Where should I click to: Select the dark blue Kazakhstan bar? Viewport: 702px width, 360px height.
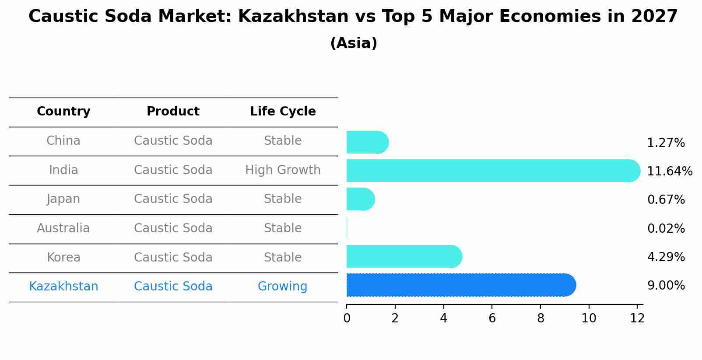460,285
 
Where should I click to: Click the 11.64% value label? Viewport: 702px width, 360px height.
669,171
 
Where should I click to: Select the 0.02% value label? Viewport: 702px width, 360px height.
666,228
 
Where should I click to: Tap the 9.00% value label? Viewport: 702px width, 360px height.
666,286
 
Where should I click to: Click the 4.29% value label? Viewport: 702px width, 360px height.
666,257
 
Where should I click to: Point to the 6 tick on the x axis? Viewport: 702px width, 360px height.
492,318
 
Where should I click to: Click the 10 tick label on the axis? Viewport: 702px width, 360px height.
589,318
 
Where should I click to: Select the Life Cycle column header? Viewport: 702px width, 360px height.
283,112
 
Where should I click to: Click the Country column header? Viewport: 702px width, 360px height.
63,112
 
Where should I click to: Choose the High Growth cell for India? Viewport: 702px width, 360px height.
283,170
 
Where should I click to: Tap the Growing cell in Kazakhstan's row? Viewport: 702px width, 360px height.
282,287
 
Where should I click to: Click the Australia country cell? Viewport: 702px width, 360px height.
63,228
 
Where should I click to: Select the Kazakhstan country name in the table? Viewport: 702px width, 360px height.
63,287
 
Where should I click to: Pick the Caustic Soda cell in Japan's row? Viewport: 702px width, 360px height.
173,199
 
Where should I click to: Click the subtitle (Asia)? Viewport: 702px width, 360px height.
354,43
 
